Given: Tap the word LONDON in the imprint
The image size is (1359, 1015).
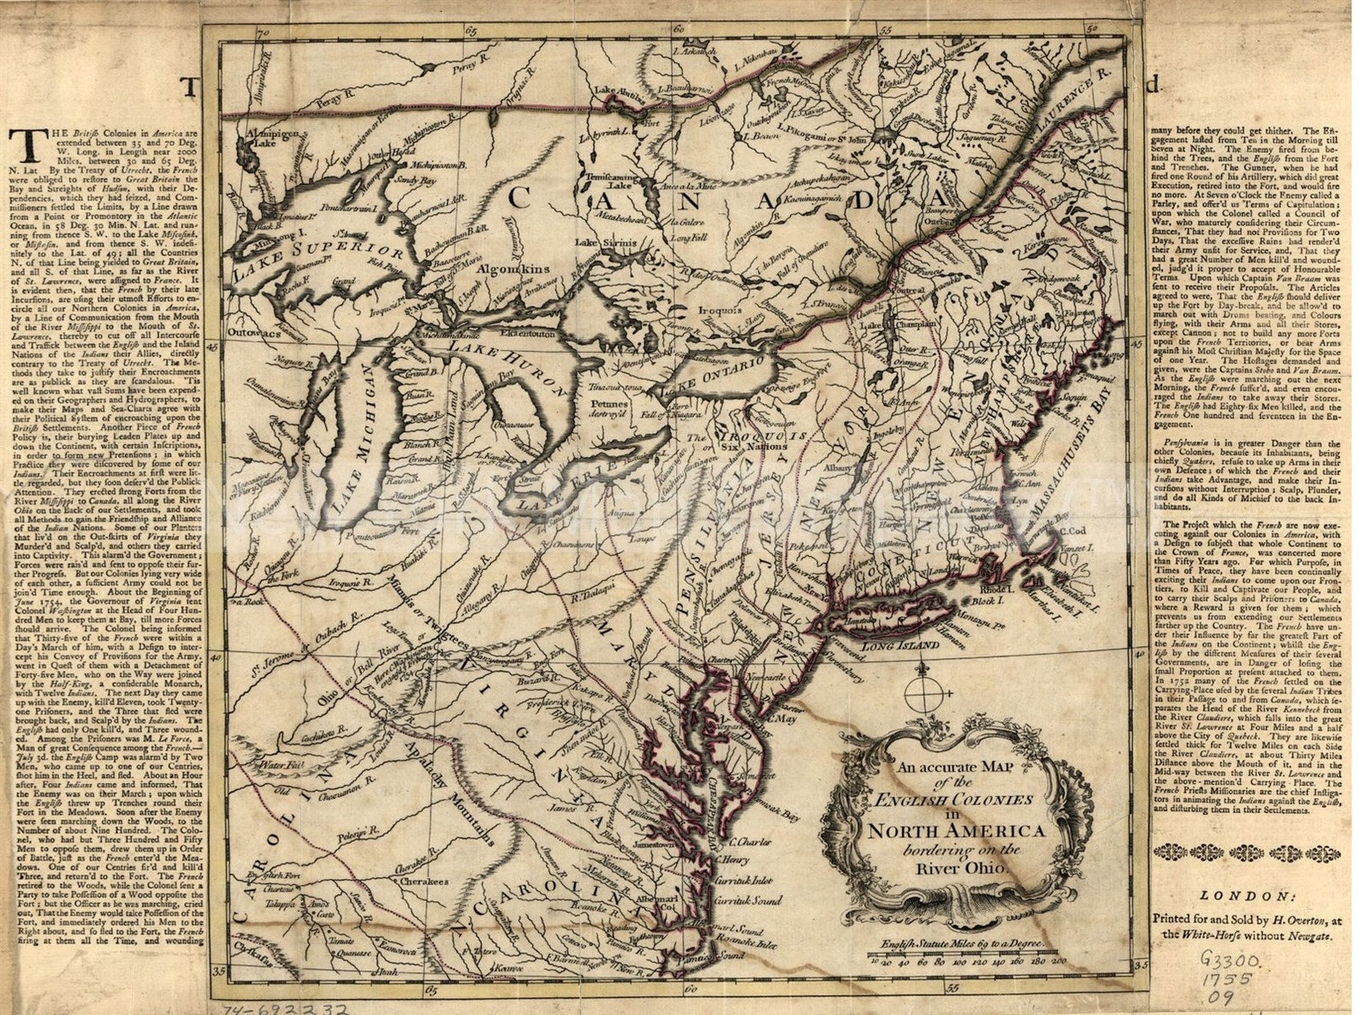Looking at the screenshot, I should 1243,896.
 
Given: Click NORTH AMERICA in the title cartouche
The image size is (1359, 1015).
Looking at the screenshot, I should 955,831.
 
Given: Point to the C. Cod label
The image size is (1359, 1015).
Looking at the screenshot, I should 1079,531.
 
